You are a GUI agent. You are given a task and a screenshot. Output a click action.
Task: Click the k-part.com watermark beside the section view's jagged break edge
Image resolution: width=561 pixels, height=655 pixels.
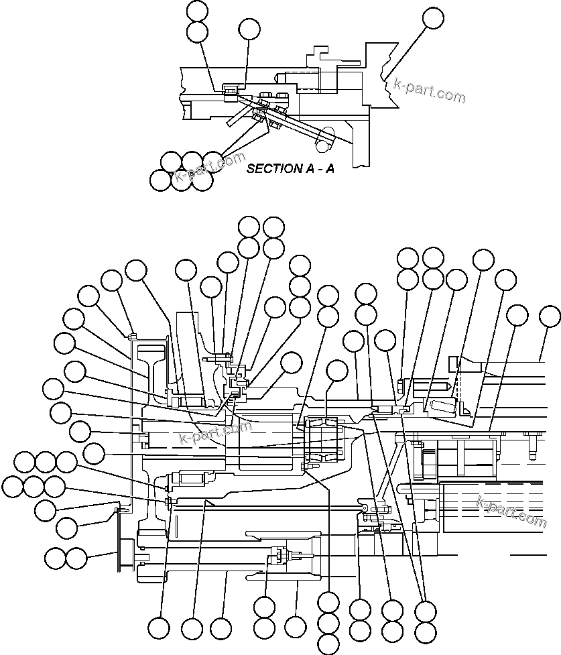[429, 90]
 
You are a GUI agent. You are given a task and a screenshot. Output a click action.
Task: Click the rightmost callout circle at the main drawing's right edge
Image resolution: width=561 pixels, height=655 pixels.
[550, 315]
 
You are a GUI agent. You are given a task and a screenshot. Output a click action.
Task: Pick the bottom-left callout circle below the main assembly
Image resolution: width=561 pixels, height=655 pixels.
[159, 628]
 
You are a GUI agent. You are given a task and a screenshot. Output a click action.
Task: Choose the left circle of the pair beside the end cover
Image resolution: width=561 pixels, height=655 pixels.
[55, 558]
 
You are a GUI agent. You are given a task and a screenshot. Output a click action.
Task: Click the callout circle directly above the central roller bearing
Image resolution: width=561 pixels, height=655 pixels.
[337, 371]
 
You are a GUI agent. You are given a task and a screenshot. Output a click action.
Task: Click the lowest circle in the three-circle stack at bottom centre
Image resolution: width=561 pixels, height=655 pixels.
[328, 644]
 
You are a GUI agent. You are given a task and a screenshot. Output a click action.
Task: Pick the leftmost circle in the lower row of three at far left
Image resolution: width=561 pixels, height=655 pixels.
[13, 486]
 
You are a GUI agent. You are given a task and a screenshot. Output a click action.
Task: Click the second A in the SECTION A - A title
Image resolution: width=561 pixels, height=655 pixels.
[330, 168]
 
